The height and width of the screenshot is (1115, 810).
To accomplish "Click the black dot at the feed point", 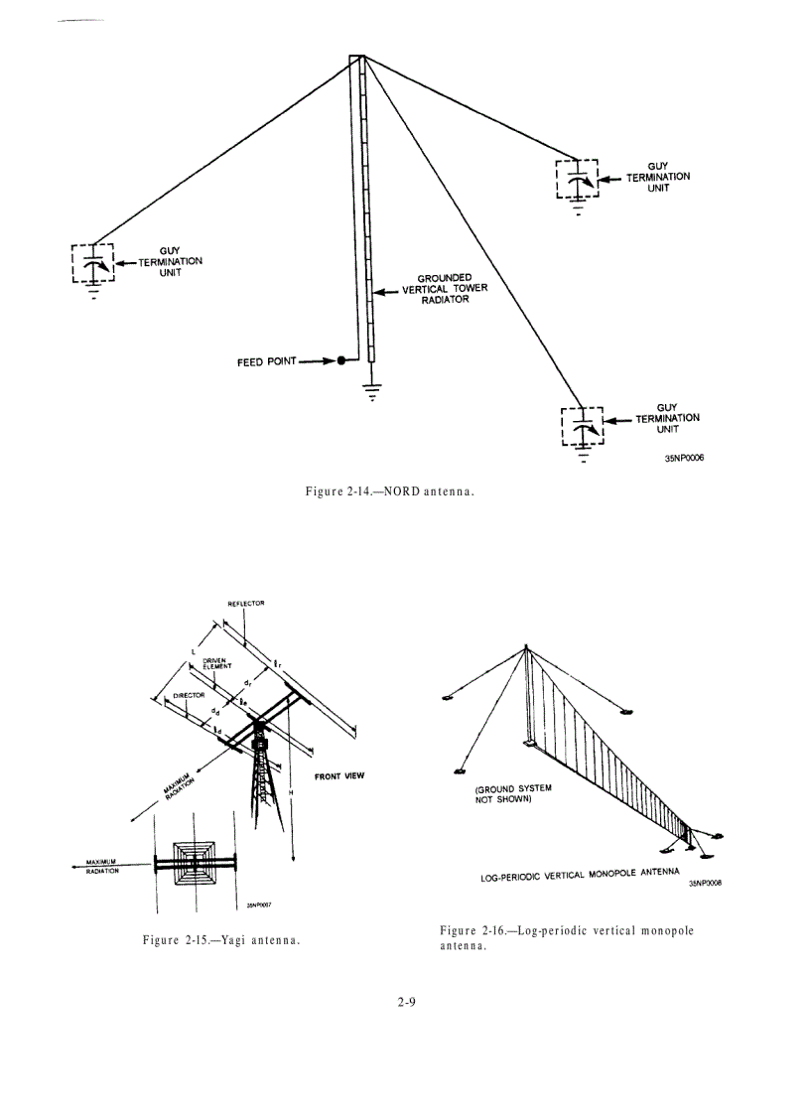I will pyautogui.click(x=340, y=361).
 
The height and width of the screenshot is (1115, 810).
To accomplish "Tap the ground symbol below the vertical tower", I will pyautogui.click(x=372, y=390).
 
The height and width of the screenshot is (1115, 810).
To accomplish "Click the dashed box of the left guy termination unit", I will pyautogui.click(x=93, y=263).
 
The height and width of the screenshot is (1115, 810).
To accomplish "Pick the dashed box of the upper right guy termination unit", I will pyautogui.click(x=578, y=180).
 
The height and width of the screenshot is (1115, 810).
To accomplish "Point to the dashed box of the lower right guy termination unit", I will pyautogui.click(x=583, y=428).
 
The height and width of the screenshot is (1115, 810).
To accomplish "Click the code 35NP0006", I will pyautogui.click(x=685, y=458).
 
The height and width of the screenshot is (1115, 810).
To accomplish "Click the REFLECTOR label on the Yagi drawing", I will pyautogui.click(x=245, y=603).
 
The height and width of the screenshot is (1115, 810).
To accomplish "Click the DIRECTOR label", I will pyautogui.click(x=188, y=696).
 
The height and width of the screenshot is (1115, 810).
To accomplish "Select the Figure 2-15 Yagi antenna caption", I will pyautogui.click(x=221, y=940).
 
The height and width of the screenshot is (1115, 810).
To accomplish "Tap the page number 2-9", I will pyautogui.click(x=404, y=1002).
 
